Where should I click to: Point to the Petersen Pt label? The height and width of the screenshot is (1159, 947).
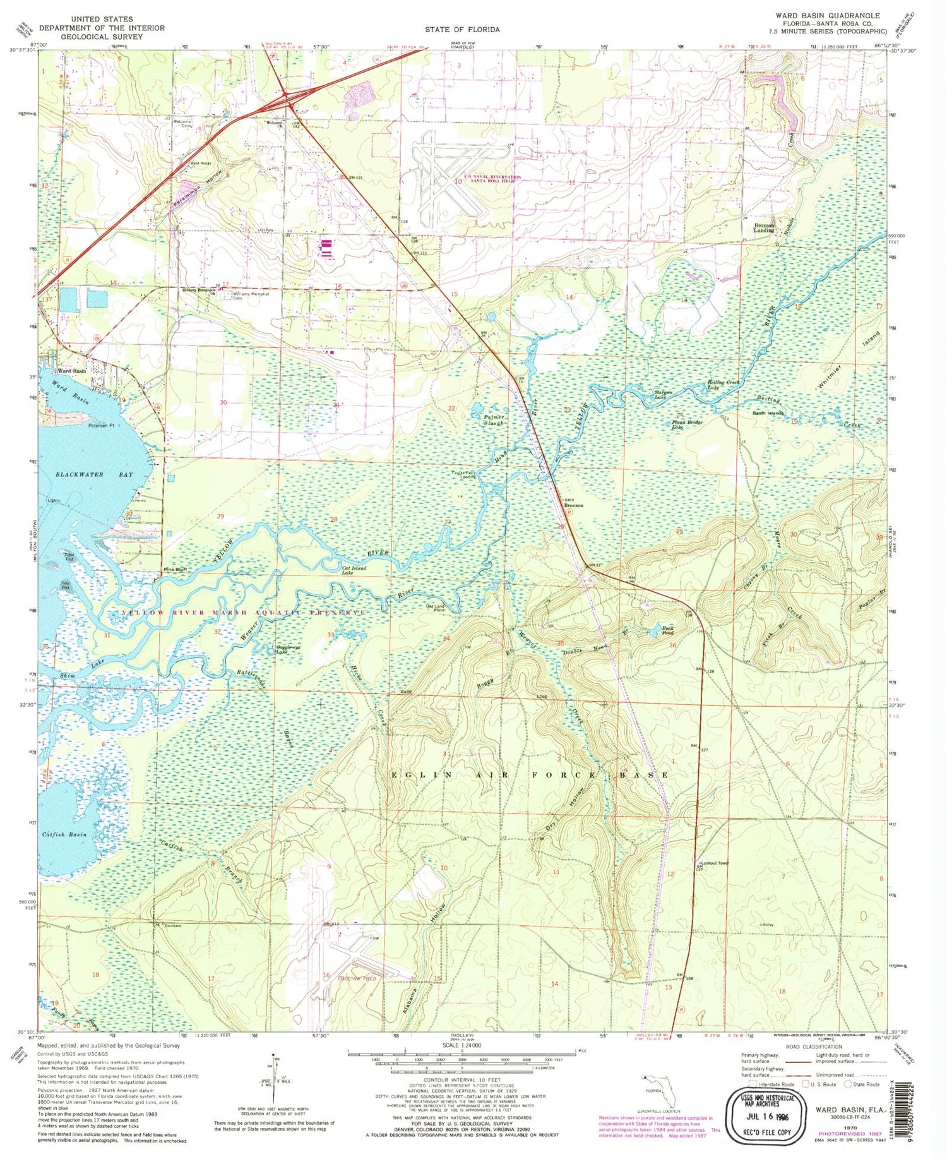click(x=100, y=426)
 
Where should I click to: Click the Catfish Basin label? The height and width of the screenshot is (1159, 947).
click(x=64, y=835)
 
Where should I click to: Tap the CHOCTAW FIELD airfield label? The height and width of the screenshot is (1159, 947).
click(x=344, y=978)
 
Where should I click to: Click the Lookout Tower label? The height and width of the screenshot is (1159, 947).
click(x=715, y=863)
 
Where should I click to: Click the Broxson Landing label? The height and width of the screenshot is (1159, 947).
click(x=764, y=228)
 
